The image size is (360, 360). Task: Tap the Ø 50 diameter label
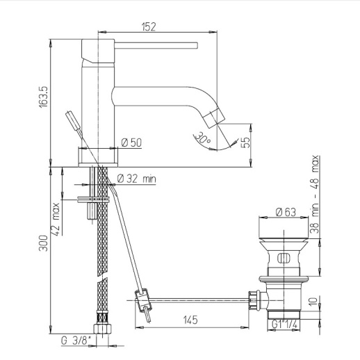point(131,142)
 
